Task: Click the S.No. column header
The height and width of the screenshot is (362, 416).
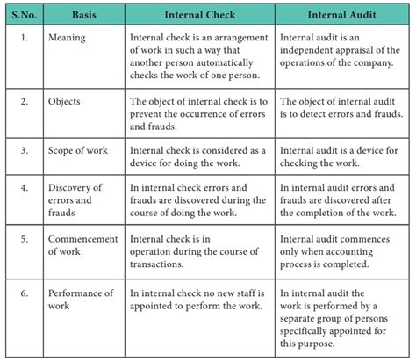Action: click(24, 15)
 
